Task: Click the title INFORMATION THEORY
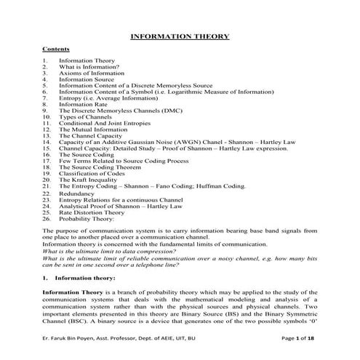(x=180, y=36)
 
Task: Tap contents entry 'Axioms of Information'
(x=89, y=73)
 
